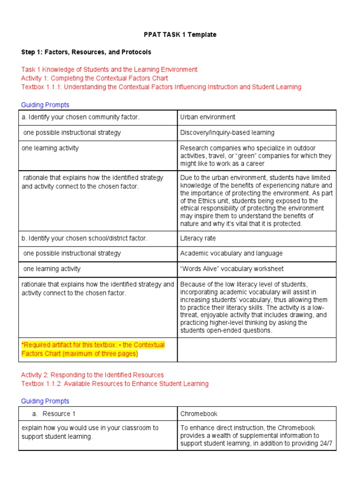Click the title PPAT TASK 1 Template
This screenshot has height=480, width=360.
(x=180, y=35)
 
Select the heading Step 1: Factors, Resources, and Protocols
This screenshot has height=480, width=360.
(x=86, y=52)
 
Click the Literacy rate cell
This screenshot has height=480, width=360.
(x=198, y=238)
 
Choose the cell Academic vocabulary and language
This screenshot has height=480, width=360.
(x=225, y=254)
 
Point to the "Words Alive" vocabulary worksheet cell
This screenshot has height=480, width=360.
(x=232, y=269)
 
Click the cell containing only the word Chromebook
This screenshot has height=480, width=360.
(x=199, y=414)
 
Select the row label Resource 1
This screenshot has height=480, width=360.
(x=59, y=414)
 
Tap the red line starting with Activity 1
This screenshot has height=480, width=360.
(x=95, y=78)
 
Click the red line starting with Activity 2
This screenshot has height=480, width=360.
(x=92, y=375)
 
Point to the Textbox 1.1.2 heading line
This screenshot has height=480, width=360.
(x=115, y=384)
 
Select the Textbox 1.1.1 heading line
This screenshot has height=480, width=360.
(x=161, y=87)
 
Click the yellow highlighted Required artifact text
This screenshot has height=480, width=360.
(x=93, y=349)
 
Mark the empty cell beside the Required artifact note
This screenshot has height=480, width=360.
(x=256, y=349)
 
